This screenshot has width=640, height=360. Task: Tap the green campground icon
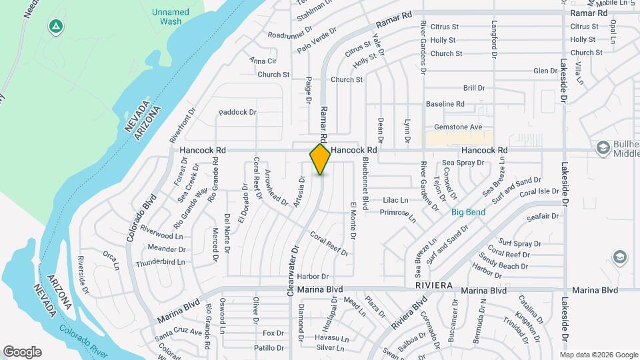point(57,27)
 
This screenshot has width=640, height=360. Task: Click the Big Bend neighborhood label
point(467,213)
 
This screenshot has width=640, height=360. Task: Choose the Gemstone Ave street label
point(458,127)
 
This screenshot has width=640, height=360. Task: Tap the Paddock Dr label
point(237,112)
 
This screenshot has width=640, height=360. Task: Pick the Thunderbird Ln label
point(160,263)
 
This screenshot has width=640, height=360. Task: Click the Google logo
point(22,352)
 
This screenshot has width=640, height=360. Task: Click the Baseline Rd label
point(445,104)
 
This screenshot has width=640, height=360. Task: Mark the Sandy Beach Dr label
point(503,265)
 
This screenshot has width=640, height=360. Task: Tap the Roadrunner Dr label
point(290,33)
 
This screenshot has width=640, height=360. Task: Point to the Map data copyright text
point(599,354)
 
